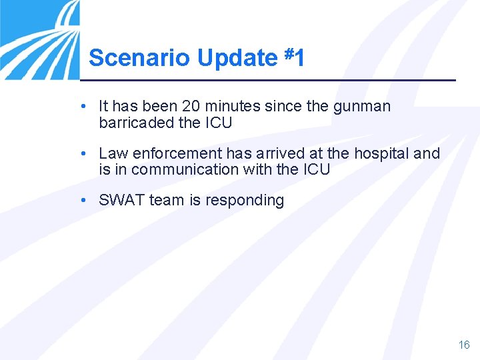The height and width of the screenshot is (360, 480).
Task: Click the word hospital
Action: tap(381, 153)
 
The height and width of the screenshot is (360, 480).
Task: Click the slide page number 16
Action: tap(464, 345)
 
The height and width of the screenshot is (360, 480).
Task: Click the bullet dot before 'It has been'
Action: tap(81, 107)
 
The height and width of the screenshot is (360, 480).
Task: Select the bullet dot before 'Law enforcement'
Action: tap(81, 154)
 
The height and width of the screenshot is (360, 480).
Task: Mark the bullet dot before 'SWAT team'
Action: tap(81, 201)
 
